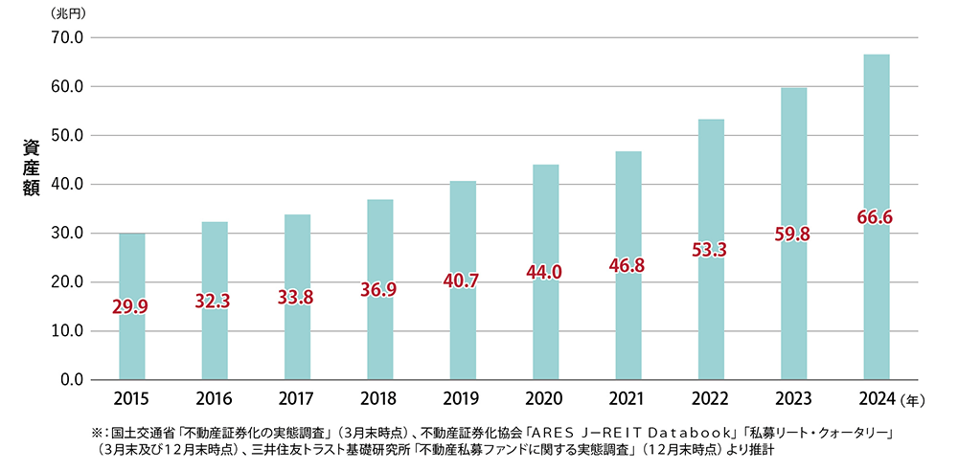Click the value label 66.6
(x=876, y=218)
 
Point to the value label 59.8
(x=793, y=233)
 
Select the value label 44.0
(x=545, y=273)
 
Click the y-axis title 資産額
(x=31, y=167)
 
